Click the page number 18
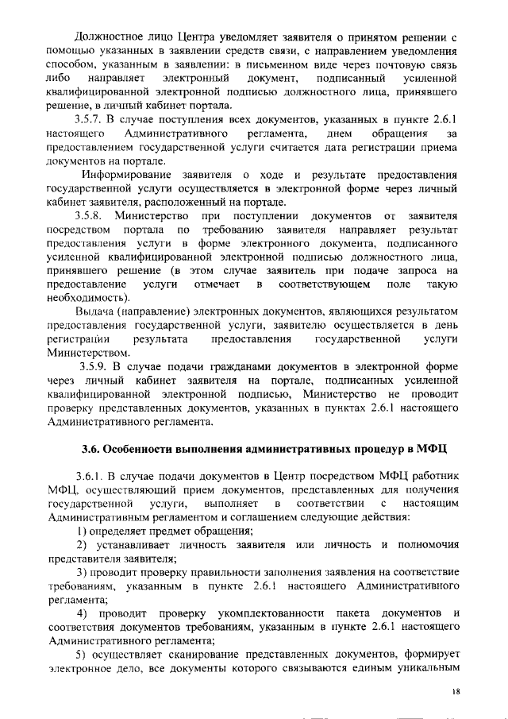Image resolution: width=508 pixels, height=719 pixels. pyautogui.click(x=456, y=691)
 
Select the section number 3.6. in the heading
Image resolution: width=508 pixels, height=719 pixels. pyautogui.click(x=98, y=448)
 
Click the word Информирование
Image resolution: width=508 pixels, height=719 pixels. pyautogui.click(x=129, y=173)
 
